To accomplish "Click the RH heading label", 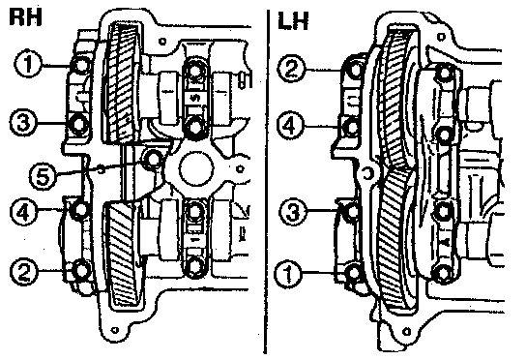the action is tap(25, 16).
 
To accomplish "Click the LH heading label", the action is tap(293, 21).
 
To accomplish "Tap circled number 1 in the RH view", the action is tap(28, 64).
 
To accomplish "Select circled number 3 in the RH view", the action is tap(23, 122).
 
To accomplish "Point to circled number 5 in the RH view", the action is tap(43, 175).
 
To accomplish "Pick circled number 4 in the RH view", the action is tap(23, 211).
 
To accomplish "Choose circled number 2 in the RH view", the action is tap(23, 271).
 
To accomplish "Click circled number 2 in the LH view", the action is tap(291, 68).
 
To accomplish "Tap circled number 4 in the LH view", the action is tap(290, 126).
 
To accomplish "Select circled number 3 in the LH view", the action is tap(293, 212).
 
